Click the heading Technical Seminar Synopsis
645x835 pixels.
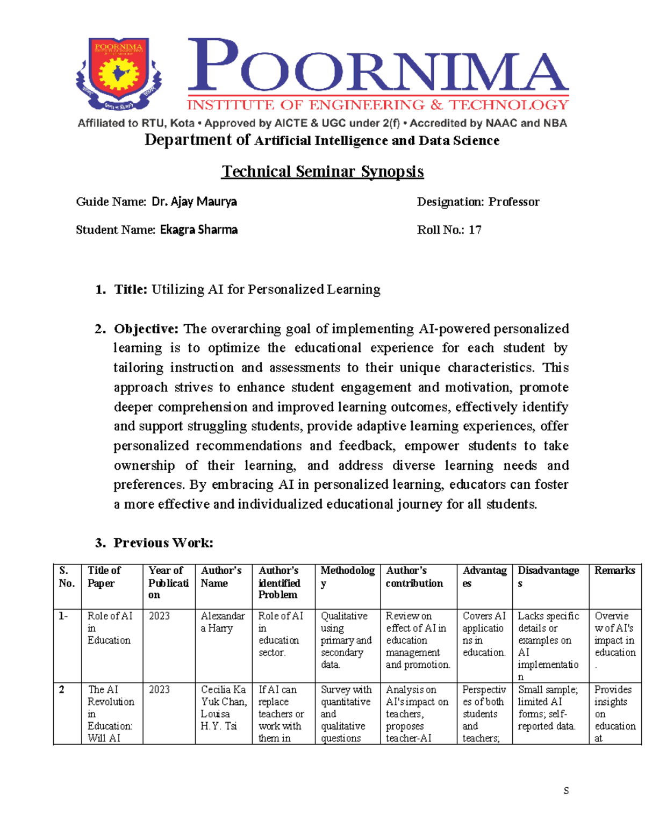[322, 172]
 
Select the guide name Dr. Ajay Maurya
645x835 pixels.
[194, 202]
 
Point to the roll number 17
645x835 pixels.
[475, 230]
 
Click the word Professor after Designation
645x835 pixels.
[513, 202]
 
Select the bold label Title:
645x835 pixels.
[131, 289]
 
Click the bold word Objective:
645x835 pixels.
[146, 329]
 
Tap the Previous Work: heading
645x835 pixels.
[163, 543]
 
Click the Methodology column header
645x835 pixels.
[347, 576]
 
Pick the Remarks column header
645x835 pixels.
[614, 570]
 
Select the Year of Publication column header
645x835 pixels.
[168, 582]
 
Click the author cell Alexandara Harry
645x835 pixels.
[223, 622]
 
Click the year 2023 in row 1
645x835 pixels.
[159, 616]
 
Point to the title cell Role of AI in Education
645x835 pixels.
[110, 628]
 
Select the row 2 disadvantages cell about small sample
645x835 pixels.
[547, 708]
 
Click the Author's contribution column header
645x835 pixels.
[414, 576]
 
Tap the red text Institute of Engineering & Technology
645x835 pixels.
[378, 105]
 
